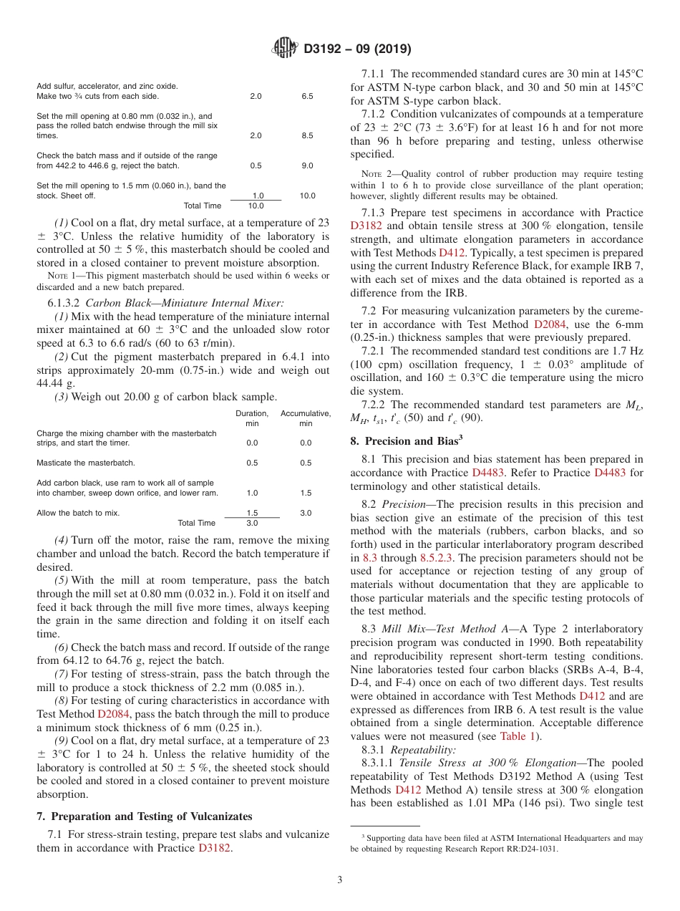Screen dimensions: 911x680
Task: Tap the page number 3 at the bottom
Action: tap(339, 879)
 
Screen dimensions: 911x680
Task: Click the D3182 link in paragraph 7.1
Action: tap(218, 848)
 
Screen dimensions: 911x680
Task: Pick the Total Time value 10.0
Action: tap(256, 206)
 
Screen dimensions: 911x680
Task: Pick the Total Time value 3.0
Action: tap(252, 523)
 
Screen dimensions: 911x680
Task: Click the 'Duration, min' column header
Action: tap(252, 418)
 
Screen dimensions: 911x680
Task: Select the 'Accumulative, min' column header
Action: tap(306, 418)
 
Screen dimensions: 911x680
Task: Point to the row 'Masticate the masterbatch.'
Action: tap(86, 463)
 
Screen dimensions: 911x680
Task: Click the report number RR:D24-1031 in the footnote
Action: tap(528, 849)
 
